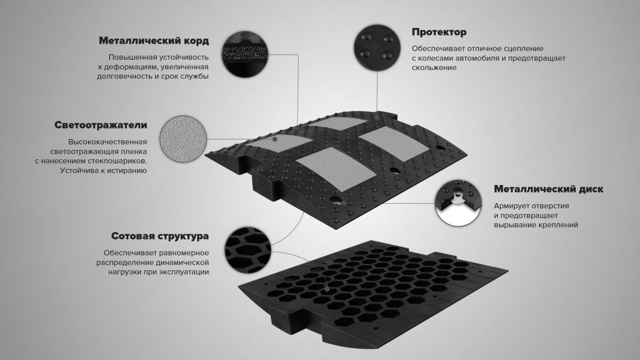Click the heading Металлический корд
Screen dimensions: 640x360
click(x=154, y=41)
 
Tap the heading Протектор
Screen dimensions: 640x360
click(x=439, y=32)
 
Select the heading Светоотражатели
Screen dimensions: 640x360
click(x=101, y=125)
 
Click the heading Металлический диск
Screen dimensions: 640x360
click(x=549, y=189)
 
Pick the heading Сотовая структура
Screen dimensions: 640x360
click(x=160, y=236)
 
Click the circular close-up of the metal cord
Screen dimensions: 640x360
click(x=245, y=54)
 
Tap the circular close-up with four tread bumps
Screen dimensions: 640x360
click(x=377, y=48)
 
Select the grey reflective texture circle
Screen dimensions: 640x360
click(x=183, y=139)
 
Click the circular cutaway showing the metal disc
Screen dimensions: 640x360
click(x=458, y=203)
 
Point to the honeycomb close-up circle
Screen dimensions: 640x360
click(x=248, y=250)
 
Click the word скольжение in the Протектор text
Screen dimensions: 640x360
click(x=434, y=68)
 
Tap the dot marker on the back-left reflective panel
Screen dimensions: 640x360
click(x=275, y=139)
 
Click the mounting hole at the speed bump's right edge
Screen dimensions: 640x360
click(x=441, y=148)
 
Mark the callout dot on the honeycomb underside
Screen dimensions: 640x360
click(x=327, y=290)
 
